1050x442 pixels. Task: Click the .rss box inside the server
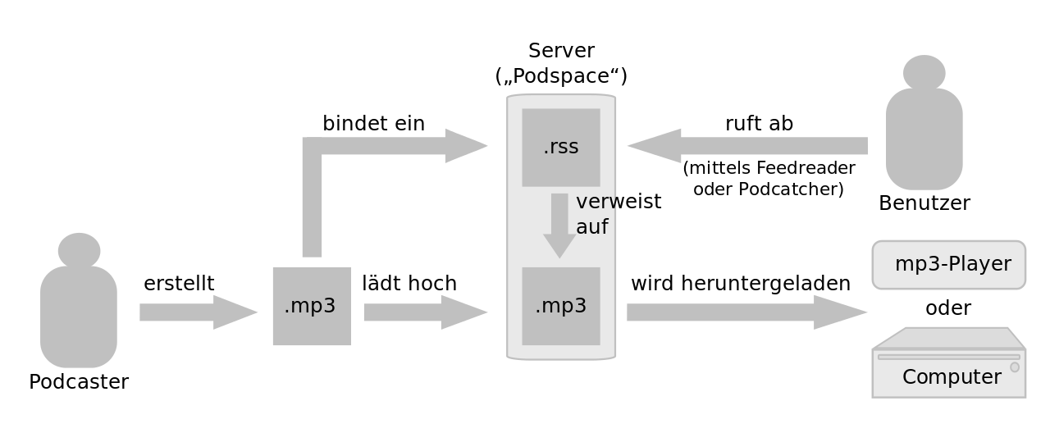pyautogui.click(x=561, y=148)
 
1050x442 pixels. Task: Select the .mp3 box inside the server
pyautogui.click(x=561, y=306)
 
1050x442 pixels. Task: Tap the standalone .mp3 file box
pyautogui.click(x=312, y=306)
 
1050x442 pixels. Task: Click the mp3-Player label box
pyautogui.click(x=948, y=265)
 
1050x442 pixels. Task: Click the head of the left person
pyautogui.click(x=79, y=249)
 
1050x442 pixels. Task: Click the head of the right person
pyautogui.click(x=924, y=72)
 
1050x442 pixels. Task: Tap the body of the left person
pyautogui.click(x=79, y=316)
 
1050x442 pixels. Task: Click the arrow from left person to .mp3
pyautogui.click(x=197, y=312)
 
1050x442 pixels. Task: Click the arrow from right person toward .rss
pyautogui.click(x=746, y=146)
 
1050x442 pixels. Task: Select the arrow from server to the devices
pyautogui.click(x=746, y=312)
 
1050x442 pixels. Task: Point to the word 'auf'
pyautogui.click(x=591, y=227)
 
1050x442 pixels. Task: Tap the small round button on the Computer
pyautogui.click(x=1015, y=367)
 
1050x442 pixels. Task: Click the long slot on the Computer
pyautogui.click(x=948, y=357)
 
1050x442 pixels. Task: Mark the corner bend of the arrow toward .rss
pyautogui.click(x=313, y=147)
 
